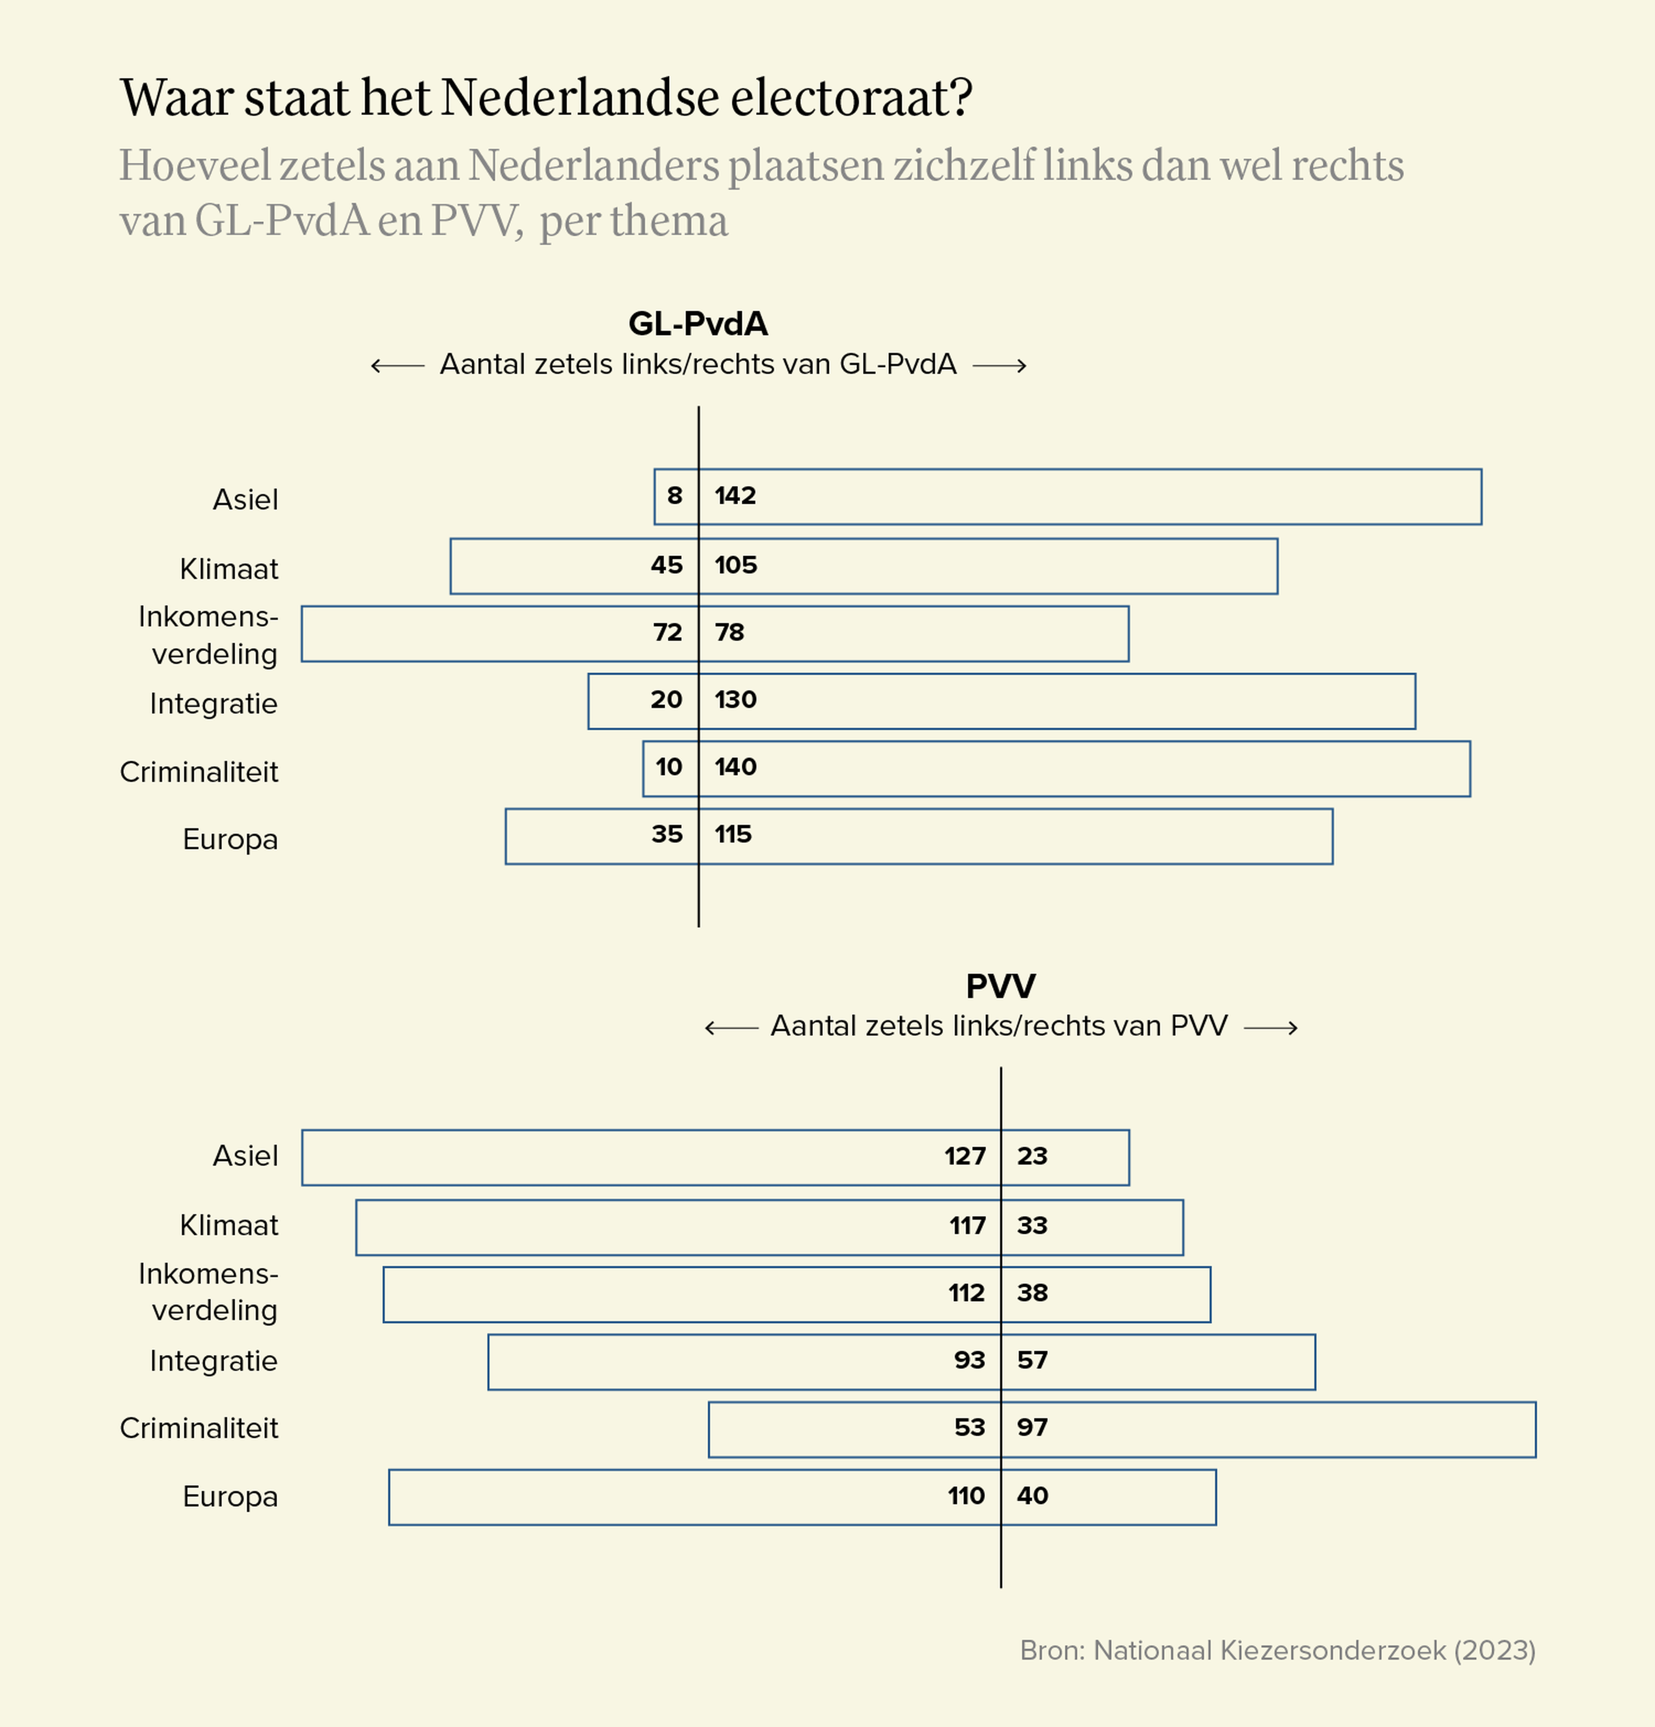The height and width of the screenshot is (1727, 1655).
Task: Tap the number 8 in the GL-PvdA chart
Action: pyautogui.click(x=674, y=496)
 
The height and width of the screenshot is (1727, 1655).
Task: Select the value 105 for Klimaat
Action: pyautogui.click(x=735, y=565)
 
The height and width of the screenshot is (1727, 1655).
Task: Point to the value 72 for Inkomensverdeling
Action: pyautogui.click(x=668, y=633)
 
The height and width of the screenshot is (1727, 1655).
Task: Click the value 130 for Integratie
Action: pyautogui.click(x=735, y=700)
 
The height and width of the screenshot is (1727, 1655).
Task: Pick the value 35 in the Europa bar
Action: pyautogui.click(x=667, y=835)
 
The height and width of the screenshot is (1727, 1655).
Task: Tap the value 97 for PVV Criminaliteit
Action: pyautogui.click(x=1032, y=1427)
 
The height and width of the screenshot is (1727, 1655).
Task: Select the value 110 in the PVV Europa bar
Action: pyautogui.click(x=966, y=1496)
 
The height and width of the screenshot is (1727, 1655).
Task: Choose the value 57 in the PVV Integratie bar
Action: pyautogui.click(x=1032, y=1361)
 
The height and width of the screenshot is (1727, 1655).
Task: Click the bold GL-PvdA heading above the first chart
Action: pyautogui.click(x=698, y=324)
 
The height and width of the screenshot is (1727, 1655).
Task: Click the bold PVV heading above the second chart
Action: pyautogui.click(x=1001, y=986)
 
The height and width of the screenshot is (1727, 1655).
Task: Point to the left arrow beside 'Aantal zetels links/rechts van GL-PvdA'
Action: pyautogui.click(x=397, y=366)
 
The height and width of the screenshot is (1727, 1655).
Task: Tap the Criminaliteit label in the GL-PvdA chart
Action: pyautogui.click(x=199, y=772)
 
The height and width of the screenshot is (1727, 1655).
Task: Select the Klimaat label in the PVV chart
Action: pyautogui.click(x=229, y=1226)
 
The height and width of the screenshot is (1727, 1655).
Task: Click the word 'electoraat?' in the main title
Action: pyautogui.click(x=851, y=98)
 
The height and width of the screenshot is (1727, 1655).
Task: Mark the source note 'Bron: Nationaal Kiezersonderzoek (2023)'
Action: pyautogui.click(x=1277, y=1650)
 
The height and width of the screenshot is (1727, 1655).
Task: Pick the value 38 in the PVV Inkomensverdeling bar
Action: pyautogui.click(x=1032, y=1292)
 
